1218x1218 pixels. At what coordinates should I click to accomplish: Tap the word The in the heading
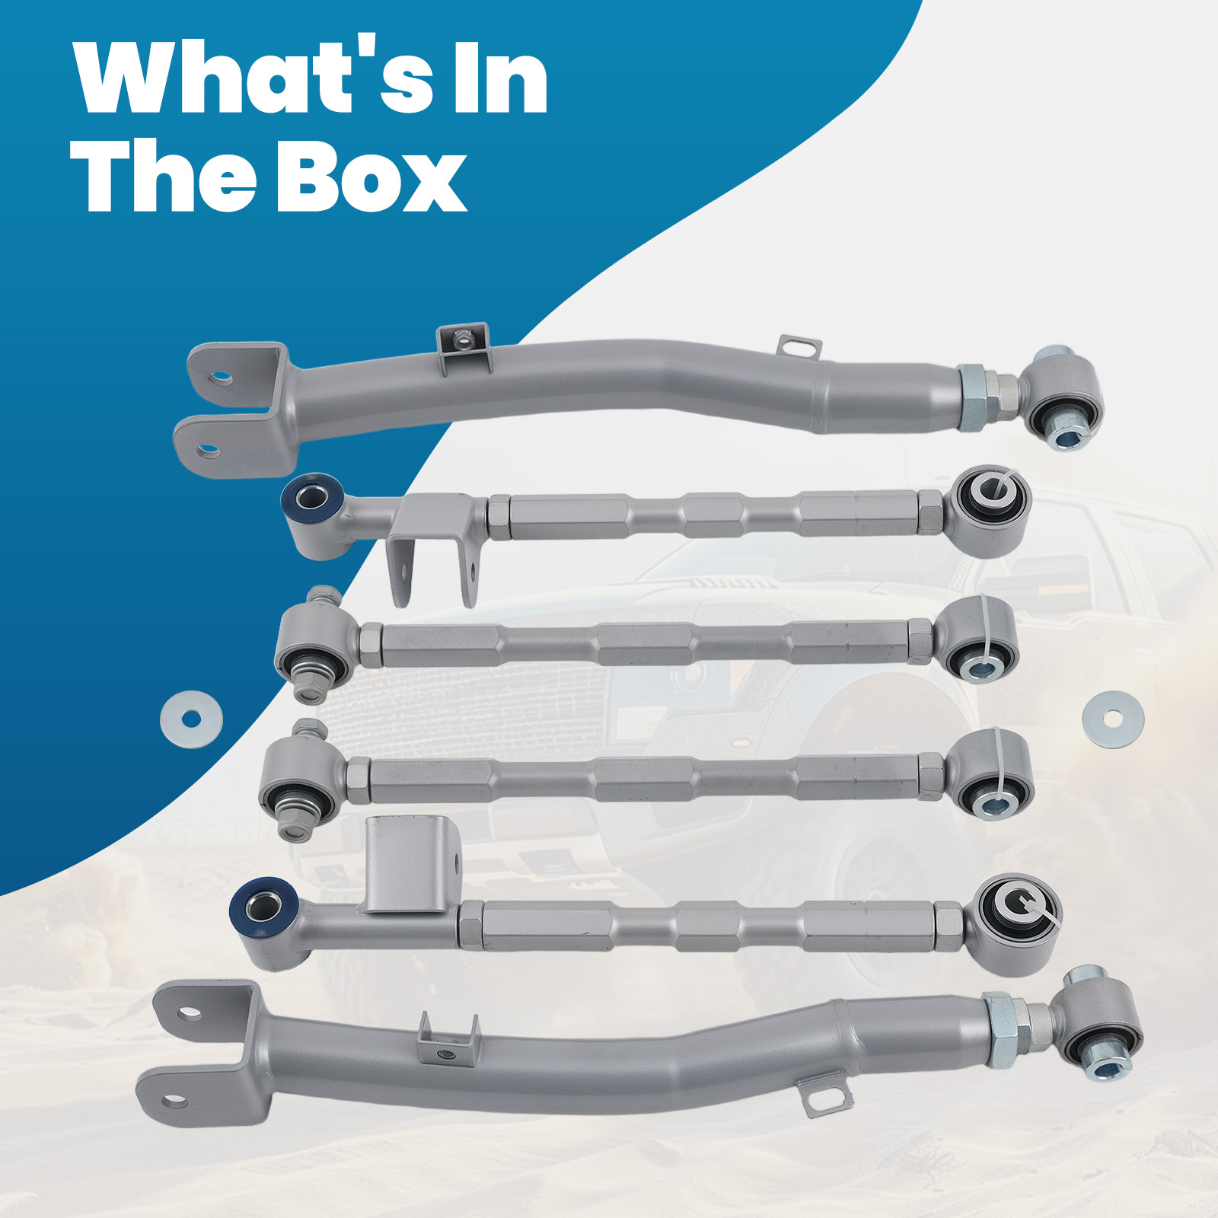(164, 177)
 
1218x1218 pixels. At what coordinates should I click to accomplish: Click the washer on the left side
(191, 719)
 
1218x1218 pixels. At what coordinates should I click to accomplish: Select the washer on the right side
(1112, 719)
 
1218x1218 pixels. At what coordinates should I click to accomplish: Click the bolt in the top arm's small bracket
(461, 341)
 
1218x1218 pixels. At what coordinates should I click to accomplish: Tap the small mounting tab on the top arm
(799, 347)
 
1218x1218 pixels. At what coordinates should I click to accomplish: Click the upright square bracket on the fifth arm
(408, 864)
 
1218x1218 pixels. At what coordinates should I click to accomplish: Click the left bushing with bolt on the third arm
(312, 647)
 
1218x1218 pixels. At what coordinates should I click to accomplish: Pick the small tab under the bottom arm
(827, 1097)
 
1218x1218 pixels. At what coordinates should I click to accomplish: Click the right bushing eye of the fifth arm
(1016, 921)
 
